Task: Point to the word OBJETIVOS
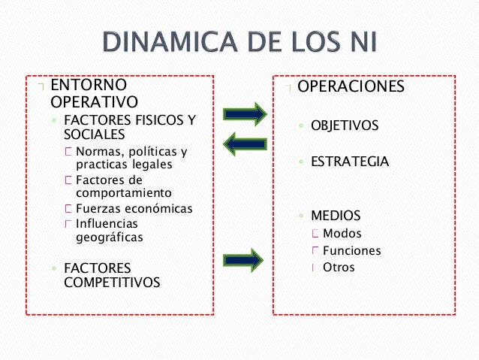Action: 345,126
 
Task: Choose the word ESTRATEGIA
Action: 350,162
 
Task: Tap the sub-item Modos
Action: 342,234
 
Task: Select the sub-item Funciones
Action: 351,251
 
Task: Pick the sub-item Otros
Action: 339,268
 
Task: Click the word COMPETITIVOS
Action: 112,282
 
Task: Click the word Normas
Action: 98,152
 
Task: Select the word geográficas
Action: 110,237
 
